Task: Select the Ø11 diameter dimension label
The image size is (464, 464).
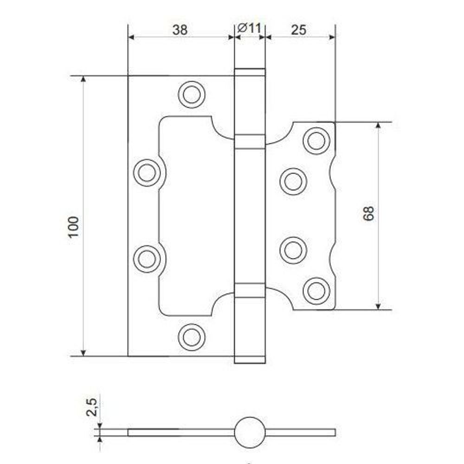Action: [250, 29]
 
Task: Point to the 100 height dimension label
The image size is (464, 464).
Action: [75, 227]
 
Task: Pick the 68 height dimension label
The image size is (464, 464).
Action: [368, 213]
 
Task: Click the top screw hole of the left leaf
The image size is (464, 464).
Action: [192, 94]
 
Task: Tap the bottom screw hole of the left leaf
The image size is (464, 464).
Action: [192, 337]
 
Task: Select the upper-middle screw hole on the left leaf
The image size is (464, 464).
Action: [147, 173]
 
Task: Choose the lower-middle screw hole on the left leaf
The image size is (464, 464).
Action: [147, 258]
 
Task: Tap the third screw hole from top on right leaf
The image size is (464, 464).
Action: [293, 250]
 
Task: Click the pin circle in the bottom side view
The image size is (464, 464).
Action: [250, 432]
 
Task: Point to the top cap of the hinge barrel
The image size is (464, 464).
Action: [250, 72]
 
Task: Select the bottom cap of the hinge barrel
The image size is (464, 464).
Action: [250, 360]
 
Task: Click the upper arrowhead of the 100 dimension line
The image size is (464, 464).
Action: [84, 79]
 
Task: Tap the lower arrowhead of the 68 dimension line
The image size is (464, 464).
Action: [378, 305]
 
